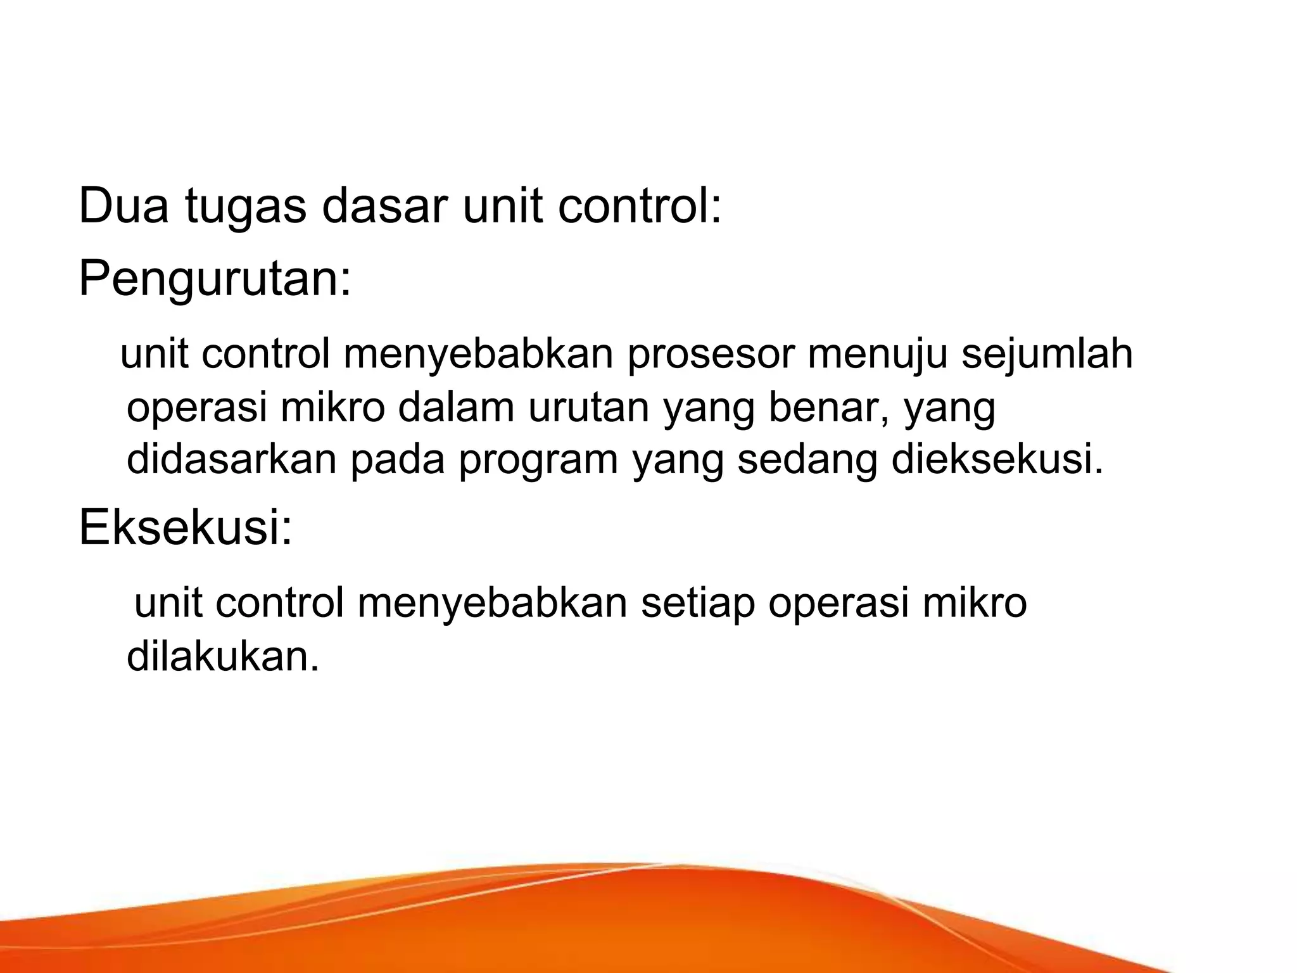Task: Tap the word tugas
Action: click(246, 208)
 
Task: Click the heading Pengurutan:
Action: click(215, 279)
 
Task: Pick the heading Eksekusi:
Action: click(186, 528)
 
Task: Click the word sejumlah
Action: click(1046, 355)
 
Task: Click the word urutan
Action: click(588, 407)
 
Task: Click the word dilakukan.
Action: click(222, 656)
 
